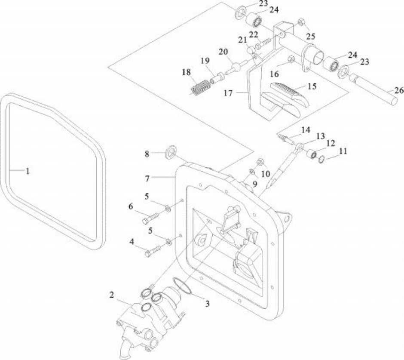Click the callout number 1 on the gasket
coord(28,171)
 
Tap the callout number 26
coord(398,90)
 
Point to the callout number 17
coord(228,93)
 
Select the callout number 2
coord(111,295)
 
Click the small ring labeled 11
coord(321,160)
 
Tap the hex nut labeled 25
coord(300,22)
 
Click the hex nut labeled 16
coord(291,59)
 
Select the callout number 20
coord(223,52)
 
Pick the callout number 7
coord(147,178)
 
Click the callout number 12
coord(331,143)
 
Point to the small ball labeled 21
coord(251,50)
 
